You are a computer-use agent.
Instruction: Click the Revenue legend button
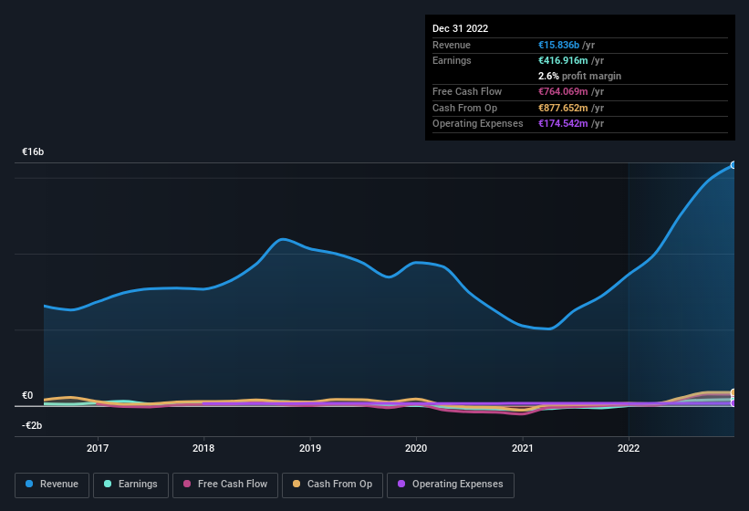click(52, 484)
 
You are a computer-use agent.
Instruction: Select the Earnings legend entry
click(130, 484)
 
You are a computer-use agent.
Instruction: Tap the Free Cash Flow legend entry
click(224, 484)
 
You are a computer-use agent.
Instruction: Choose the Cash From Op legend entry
click(331, 484)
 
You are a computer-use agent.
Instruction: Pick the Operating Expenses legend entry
click(450, 484)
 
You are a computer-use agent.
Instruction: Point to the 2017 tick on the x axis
click(98, 448)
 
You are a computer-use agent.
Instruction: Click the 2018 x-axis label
click(203, 448)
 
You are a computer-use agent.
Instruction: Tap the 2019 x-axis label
click(310, 448)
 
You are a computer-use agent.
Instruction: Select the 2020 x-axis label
click(416, 448)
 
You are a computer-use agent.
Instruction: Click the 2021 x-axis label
click(523, 448)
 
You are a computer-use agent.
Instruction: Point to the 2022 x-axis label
click(629, 448)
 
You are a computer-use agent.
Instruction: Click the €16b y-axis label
click(34, 151)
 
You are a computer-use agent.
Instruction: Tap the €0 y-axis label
click(27, 396)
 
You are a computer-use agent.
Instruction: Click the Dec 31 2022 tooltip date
click(461, 28)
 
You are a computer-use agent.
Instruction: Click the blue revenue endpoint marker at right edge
click(733, 165)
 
